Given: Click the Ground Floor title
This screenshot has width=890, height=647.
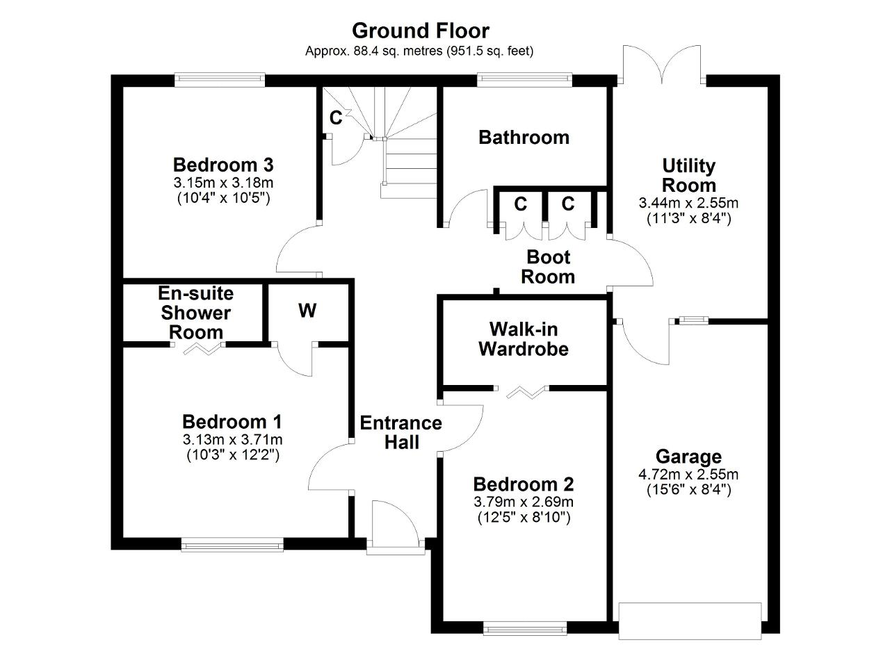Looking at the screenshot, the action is tap(421, 31).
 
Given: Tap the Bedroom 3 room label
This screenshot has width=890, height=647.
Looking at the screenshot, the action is tap(223, 165).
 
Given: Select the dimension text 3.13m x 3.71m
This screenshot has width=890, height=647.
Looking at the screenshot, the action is tap(232, 439).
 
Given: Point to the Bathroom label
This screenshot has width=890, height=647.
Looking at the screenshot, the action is tap(524, 138).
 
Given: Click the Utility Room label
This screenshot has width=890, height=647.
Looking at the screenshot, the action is tap(688, 176).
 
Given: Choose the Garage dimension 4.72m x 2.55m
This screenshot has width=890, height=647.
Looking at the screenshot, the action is tap(688, 474).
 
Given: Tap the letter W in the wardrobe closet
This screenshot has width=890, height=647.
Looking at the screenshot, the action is tap(307, 311).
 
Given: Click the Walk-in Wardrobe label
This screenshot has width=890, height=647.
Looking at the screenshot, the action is tap(524, 339).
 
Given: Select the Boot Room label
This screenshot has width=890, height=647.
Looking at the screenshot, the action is tap(548, 267).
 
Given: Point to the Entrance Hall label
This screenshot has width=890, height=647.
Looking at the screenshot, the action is tap(401, 432).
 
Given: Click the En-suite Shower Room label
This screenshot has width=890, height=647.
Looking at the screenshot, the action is tap(196, 313).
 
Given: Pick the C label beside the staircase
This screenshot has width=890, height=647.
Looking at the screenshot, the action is tap(336, 118).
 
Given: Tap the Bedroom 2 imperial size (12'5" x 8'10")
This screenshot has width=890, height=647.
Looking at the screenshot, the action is tap(524, 518).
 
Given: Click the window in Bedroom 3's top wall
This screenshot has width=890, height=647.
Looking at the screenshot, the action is tap(220, 80).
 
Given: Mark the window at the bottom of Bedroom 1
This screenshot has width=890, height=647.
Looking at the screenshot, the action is tap(232, 545).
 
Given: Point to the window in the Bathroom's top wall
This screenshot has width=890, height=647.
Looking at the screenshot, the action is tap(524, 80).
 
